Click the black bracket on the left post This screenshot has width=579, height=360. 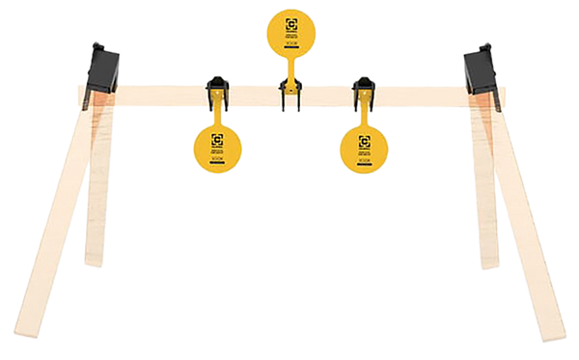click(100, 67)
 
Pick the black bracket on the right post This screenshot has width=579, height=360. click(478, 69)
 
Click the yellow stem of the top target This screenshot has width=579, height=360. click(289, 73)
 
